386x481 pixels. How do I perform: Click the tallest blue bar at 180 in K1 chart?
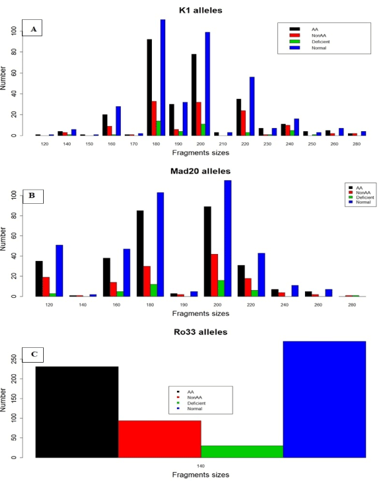click(x=163, y=77)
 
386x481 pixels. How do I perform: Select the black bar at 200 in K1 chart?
click(x=176, y=95)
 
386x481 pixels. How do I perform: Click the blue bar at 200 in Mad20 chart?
click(x=226, y=238)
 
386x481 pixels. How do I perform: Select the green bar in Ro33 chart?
click(x=242, y=451)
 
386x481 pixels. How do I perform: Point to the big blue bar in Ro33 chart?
click(x=324, y=399)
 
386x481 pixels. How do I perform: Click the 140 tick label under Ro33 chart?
click(x=201, y=464)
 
